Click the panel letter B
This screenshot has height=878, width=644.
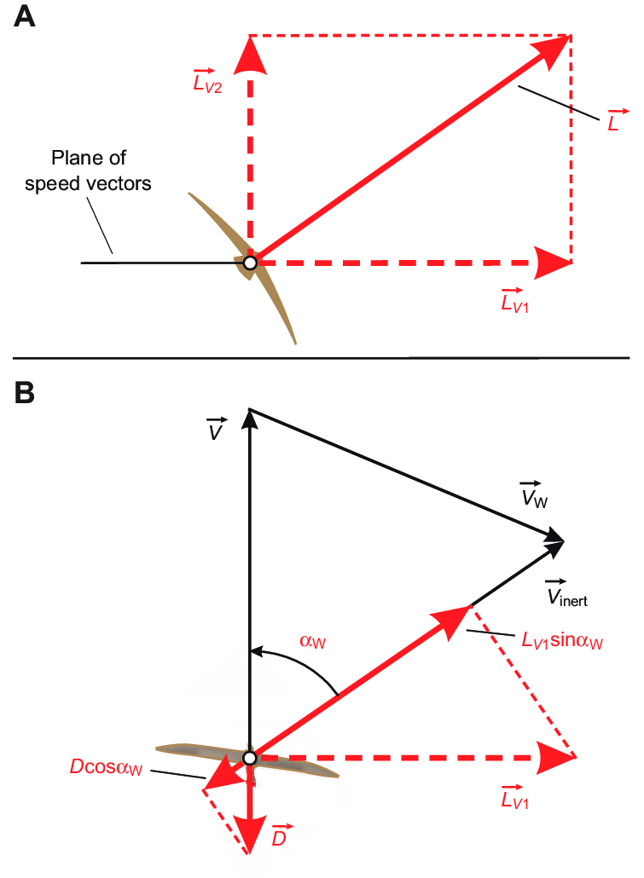[26, 393]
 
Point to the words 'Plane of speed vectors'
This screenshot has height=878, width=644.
[100, 170]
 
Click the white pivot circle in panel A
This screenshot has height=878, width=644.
[249, 263]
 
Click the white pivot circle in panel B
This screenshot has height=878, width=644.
[249, 757]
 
